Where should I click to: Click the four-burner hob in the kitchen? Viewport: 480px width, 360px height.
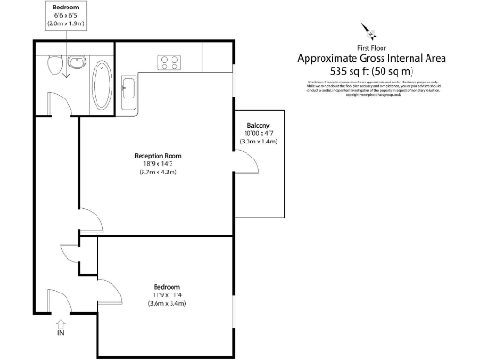170,65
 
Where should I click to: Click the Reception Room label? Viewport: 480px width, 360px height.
157,156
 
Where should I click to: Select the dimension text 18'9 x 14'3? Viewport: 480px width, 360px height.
157,164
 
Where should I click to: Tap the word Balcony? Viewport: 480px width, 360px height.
258,126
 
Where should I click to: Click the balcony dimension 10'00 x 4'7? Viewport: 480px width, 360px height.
258,134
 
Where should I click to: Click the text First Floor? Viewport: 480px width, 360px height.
371,47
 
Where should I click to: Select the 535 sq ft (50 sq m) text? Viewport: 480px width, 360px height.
371,71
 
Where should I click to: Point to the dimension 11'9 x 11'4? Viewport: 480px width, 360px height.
166,294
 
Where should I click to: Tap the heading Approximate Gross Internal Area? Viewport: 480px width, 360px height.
371,58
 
